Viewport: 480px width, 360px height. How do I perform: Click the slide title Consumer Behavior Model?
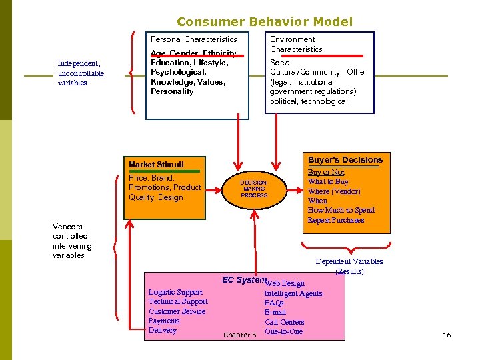265,22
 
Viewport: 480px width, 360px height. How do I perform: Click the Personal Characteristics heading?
193,39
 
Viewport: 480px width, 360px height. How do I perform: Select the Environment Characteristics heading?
296,44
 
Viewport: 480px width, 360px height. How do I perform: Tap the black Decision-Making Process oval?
254,189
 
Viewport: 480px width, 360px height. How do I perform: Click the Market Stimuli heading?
156,164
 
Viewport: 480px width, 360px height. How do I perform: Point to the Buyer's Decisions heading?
345,160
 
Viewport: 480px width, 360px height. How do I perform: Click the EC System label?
243,280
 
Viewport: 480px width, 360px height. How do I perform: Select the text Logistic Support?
175,292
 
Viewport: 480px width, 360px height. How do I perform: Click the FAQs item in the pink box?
273,303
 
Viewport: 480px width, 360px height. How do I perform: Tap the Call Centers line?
284,322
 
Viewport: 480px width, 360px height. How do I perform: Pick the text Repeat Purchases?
336,220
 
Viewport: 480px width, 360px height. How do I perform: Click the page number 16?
447,335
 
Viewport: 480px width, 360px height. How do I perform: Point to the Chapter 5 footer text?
239,335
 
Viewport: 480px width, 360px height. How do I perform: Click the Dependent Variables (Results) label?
349,267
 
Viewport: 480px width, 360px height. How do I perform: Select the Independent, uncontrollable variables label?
81,73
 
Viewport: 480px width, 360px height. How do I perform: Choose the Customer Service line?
177,311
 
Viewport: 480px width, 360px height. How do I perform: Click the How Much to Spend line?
341,210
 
